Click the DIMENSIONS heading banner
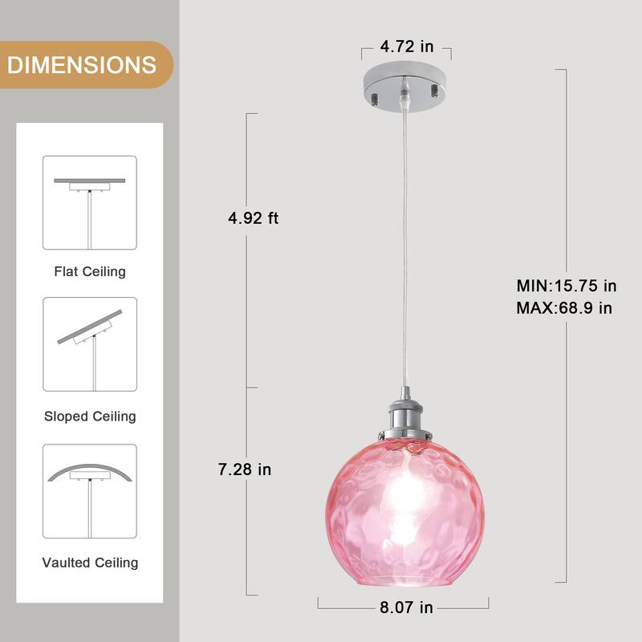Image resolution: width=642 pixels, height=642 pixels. pyautogui.click(x=82, y=64)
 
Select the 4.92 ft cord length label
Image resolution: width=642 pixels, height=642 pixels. pyautogui.click(x=253, y=217)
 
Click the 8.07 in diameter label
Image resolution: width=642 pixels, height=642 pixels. pyautogui.click(x=405, y=607)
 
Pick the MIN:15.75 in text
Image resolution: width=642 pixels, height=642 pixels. pyautogui.click(x=566, y=286)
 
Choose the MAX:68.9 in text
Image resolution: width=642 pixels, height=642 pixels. pyautogui.click(x=564, y=307)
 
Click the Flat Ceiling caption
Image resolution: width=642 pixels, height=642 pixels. pyautogui.click(x=90, y=271)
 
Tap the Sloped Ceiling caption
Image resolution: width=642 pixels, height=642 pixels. pyautogui.click(x=90, y=416)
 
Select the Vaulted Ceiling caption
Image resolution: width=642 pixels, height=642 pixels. pyautogui.click(x=90, y=563)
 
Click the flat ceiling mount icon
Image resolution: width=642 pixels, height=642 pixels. pyautogui.click(x=90, y=202)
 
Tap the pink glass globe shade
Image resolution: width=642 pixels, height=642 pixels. pyautogui.click(x=405, y=514)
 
